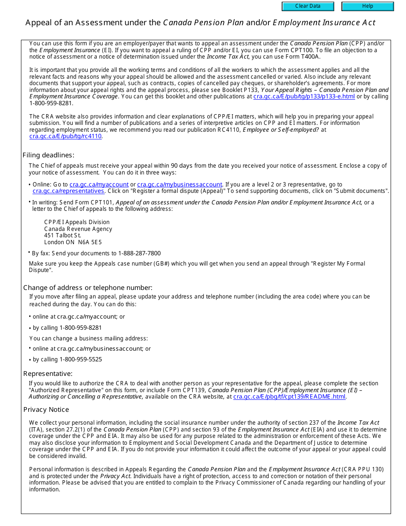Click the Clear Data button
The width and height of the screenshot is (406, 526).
pos(308,6)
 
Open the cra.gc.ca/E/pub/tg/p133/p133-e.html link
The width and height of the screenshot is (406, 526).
pos(304,97)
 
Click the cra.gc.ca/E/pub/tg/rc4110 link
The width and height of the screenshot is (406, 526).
pos(65,136)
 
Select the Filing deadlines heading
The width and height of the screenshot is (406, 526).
pos(48,155)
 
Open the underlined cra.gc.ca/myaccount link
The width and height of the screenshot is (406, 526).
pos(99,184)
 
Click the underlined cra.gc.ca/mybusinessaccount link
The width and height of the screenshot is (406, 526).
pos(179,184)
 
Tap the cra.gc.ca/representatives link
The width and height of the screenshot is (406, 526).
pos(68,191)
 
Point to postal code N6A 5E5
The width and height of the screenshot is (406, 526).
pos(90,242)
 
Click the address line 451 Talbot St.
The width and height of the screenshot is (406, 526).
pos(62,235)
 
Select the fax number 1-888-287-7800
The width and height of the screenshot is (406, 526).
pos(139,253)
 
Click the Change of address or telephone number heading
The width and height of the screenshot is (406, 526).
pos(88,288)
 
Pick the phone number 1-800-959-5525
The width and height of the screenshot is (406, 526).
pos(80,359)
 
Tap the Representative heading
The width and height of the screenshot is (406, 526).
pos(48,374)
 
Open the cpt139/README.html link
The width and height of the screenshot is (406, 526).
pos(289,396)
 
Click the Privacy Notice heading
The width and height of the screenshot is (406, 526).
pos(46,410)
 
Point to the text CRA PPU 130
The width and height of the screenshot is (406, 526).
pos(364,469)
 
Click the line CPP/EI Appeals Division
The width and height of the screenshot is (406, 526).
pos(77,222)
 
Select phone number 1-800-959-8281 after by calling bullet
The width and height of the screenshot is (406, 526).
pos(80,328)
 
